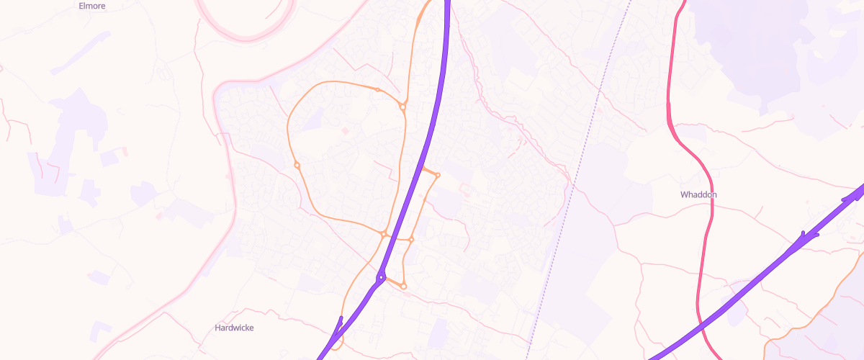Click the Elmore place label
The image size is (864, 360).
pyautogui.click(x=91, y=5)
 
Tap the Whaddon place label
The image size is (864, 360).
pyautogui.click(x=698, y=194)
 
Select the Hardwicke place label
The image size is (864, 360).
pyautogui.click(x=234, y=328)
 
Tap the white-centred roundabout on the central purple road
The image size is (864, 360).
pyautogui.click(x=380, y=277)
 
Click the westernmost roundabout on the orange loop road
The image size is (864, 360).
pyautogui.click(x=297, y=165)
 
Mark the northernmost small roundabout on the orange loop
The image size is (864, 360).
pyautogui.click(x=377, y=89)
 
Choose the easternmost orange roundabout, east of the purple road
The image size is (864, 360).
pyautogui.click(x=438, y=175)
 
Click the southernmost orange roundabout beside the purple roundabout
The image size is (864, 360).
pyautogui.click(x=404, y=287)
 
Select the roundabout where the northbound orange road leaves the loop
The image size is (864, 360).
pyautogui.click(x=402, y=107)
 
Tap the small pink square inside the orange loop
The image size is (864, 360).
pyautogui.click(x=343, y=130)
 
